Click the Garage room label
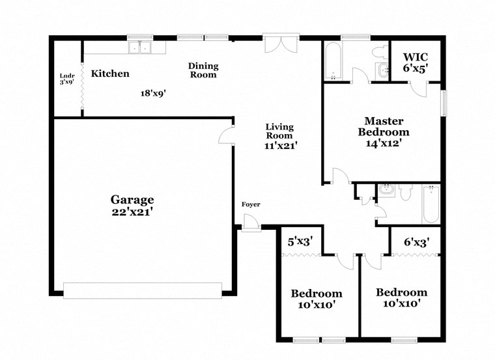click(x=132, y=200)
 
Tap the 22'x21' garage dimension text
click(x=132, y=212)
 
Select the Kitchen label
click(x=109, y=74)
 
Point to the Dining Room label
click(x=203, y=70)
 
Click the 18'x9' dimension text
click(x=153, y=92)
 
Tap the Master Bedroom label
click(x=384, y=126)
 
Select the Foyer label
click(x=251, y=204)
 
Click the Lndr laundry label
click(x=67, y=79)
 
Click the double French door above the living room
click(x=281, y=44)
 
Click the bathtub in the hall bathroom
click(x=431, y=204)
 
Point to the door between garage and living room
click(x=225, y=135)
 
